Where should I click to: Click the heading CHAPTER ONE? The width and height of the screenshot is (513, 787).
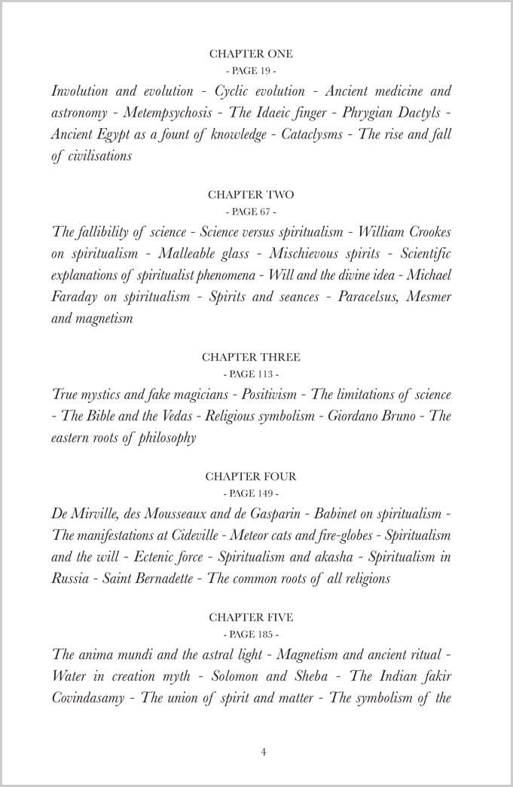pyautogui.click(x=251, y=54)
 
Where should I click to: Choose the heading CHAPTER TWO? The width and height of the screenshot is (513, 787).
pyautogui.click(x=251, y=195)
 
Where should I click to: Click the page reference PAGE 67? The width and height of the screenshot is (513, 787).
pyautogui.click(x=251, y=211)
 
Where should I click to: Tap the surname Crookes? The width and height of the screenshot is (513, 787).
pyautogui.click(x=426, y=232)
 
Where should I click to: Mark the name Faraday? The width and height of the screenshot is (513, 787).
pyautogui.click(x=78, y=297)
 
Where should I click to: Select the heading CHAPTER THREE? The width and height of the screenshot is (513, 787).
pyautogui.click(x=251, y=357)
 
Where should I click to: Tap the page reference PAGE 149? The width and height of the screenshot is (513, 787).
pyautogui.click(x=251, y=493)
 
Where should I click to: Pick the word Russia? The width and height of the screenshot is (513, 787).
pyautogui.click(x=71, y=579)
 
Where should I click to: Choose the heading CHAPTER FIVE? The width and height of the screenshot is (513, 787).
pyautogui.click(x=251, y=618)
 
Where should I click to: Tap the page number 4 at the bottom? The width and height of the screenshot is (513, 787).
pyautogui.click(x=264, y=752)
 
